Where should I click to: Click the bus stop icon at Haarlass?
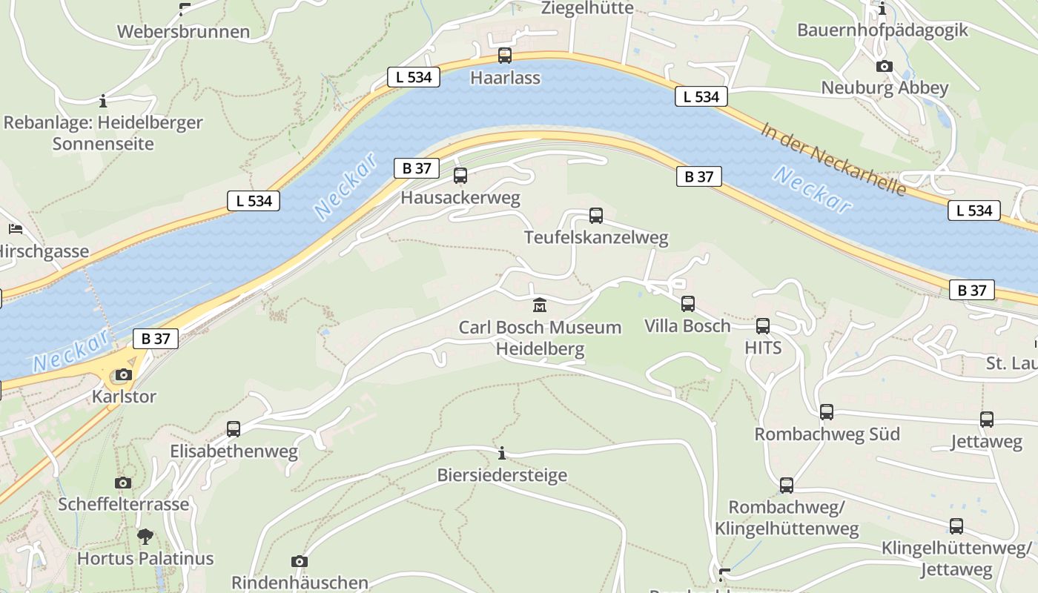click(505, 56)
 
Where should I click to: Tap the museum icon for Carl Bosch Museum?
click(540, 305)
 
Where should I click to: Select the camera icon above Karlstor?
click(124, 375)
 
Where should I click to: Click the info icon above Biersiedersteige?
click(502, 453)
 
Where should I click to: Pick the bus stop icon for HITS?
click(763, 326)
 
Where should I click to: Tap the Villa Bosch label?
click(687, 326)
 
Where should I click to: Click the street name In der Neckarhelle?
click(833, 159)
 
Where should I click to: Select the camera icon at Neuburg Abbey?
click(884, 67)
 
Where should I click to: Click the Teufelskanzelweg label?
click(596, 238)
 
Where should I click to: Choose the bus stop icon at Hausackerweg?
click(460, 176)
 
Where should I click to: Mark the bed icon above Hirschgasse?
click(16, 229)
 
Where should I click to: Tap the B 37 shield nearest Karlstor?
click(156, 339)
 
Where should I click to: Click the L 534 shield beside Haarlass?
click(414, 76)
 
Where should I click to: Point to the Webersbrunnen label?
click(183, 32)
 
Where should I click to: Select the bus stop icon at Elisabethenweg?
click(234, 429)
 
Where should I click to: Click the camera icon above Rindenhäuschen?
click(300, 561)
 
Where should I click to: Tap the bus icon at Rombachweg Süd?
click(827, 412)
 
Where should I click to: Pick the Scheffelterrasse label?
click(124, 504)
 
